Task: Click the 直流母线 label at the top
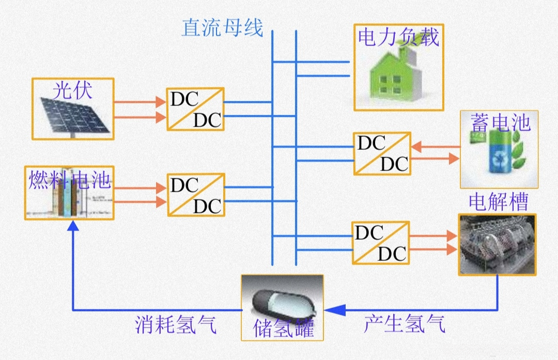click(x=222, y=27)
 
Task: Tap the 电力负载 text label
click(x=398, y=37)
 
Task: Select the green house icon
click(x=394, y=77)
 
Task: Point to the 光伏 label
click(x=72, y=91)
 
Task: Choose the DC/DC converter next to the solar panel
click(x=195, y=109)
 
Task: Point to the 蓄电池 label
click(x=500, y=123)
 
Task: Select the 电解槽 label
click(x=498, y=202)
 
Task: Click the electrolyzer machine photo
click(x=497, y=244)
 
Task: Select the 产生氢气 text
click(x=404, y=324)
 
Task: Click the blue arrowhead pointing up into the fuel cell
click(x=73, y=225)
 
